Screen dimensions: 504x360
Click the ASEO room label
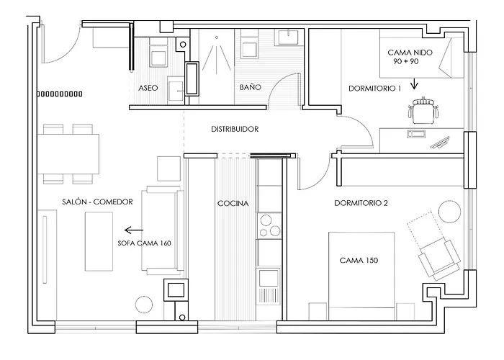[148, 88]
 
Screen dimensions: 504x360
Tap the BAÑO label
[250, 87]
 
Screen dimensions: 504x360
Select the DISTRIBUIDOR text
[235, 129]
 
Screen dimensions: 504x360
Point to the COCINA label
[233, 203]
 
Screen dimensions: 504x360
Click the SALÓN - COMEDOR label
[97, 202]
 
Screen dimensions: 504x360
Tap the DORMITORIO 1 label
[375, 88]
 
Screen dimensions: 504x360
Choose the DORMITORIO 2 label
[361, 203]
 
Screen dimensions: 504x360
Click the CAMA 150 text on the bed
[359, 260]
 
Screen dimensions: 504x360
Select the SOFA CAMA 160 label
[144, 243]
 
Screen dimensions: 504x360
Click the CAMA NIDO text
[410, 52]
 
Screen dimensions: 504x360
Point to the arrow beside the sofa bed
[134, 230]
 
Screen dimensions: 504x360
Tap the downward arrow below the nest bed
[414, 84]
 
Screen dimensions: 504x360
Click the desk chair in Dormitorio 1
[423, 110]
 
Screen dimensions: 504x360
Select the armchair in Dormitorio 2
[439, 259]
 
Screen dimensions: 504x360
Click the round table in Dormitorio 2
[450, 211]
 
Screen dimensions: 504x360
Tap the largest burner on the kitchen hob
[266, 220]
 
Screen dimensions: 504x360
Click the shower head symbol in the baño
[216, 37]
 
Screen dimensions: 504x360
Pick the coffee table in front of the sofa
[99, 241]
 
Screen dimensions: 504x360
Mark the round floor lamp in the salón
[144, 305]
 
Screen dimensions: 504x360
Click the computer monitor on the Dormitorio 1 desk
[440, 143]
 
